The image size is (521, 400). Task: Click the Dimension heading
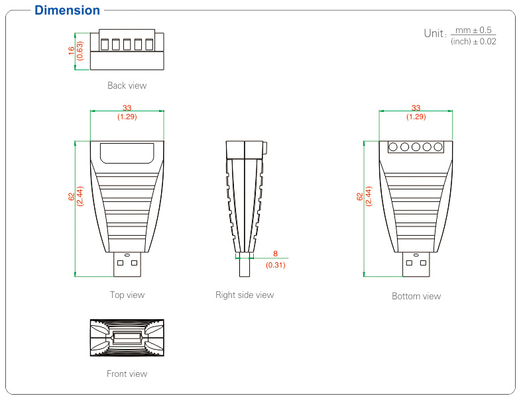[x=67, y=11]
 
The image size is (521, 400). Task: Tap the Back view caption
[x=127, y=85]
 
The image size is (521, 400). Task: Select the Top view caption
[x=127, y=295]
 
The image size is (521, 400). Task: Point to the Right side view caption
[x=244, y=295]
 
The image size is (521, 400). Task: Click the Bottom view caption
[x=416, y=296]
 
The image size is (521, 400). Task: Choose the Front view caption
[x=127, y=374]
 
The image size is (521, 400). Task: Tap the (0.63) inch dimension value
[x=80, y=51]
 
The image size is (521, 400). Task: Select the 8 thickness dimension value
[x=275, y=254]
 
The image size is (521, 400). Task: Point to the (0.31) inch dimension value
[x=275, y=265]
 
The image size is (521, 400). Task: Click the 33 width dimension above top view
[x=127, y=108]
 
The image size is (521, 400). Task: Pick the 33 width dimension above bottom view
[x=416, y=108]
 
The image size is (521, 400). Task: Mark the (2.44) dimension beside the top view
[x=80, y=197]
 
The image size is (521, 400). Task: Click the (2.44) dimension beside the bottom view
[x=369, y=197]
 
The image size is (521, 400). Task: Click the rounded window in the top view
[x=127, y=153]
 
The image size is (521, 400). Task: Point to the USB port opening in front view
[x=127, y=338]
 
